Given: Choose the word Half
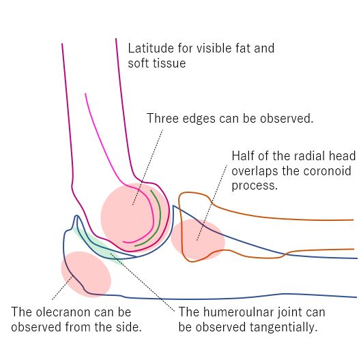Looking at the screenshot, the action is pos(242,156).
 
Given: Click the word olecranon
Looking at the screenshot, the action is pos(62,312).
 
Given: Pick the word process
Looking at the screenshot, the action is pos(255,186).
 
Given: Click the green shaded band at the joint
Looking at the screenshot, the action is pos(97,245).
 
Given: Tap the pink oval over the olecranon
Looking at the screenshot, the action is pos(86,274).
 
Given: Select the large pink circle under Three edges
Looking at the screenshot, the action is pos(135,217).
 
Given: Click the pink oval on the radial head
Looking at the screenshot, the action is pos(198,239).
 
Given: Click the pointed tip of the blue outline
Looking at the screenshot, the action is pos(76,215).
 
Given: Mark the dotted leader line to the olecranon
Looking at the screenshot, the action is pos(63,288).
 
